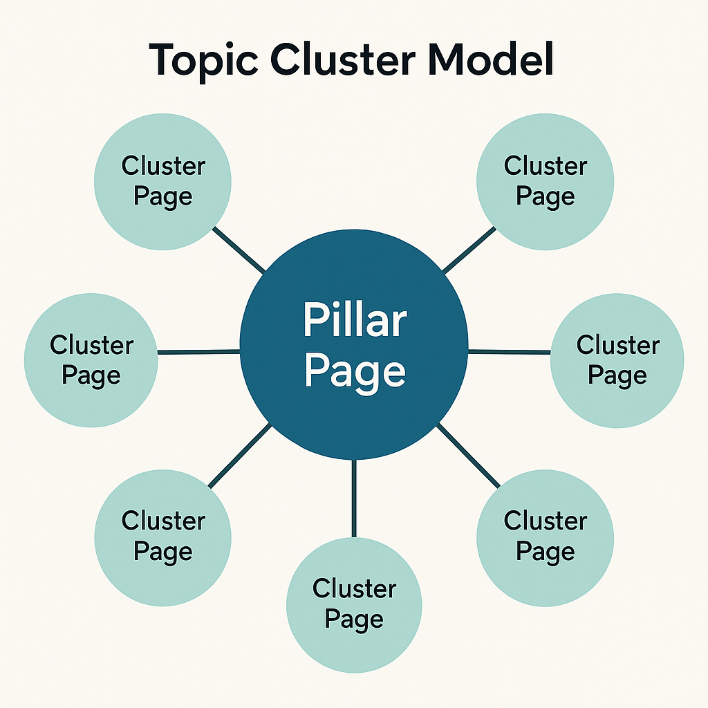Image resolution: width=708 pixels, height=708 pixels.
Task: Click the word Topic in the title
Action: (201, 61)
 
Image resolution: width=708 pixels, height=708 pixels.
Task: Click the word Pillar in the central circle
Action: (355, 320)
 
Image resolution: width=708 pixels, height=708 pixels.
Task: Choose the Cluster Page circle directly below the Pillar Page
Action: (354, 605)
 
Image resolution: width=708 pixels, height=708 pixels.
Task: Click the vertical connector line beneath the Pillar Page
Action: (354, 498)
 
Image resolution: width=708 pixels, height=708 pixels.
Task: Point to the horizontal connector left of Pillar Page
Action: (199, 353)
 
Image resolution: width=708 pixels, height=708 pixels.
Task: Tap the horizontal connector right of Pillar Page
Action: (510, 353)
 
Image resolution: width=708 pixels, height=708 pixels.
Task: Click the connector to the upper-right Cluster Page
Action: (469, 250)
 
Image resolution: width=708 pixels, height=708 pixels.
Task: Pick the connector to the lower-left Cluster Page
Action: (239, 456)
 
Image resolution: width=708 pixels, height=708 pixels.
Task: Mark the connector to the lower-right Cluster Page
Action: (468, 456)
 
